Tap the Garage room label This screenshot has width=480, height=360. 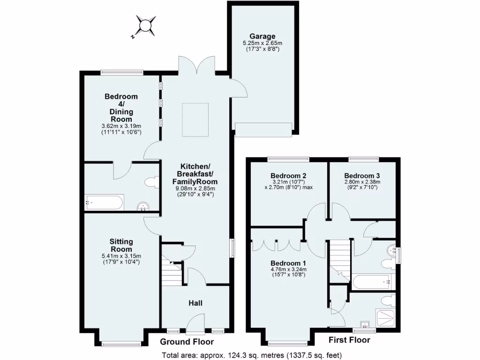pyautogui.click(x=262, y=36)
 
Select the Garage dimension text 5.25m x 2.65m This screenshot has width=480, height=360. pyautogui.click(x=262, y=43)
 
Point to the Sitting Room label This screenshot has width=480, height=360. pyautogui.click(x=121, y=245)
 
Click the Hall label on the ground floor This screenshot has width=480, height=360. pyautogui.click(x=195, y=303)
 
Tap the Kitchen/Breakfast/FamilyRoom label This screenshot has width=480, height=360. pyautogui.click(x=196, y=173)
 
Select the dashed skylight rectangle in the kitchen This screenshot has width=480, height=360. pyautogui.click(x=195, y=120)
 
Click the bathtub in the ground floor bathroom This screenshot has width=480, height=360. pyautogui.click(x=104, y=203)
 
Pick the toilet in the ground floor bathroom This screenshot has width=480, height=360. pyautogui.click(x=151, y=182)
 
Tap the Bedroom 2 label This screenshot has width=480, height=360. pyautogui.click(x=288, y=175)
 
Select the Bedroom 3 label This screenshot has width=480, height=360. pyautogui.click(x=364, y=175)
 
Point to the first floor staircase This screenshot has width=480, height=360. pyautogui.click(x=339, y=260)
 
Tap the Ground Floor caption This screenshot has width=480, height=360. pyautogui.click(x=187, y=342)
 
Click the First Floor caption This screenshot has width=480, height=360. pyautogui.click(x=349, y=340)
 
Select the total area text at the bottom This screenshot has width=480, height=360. pyautogui.click(x=252, y=354)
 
